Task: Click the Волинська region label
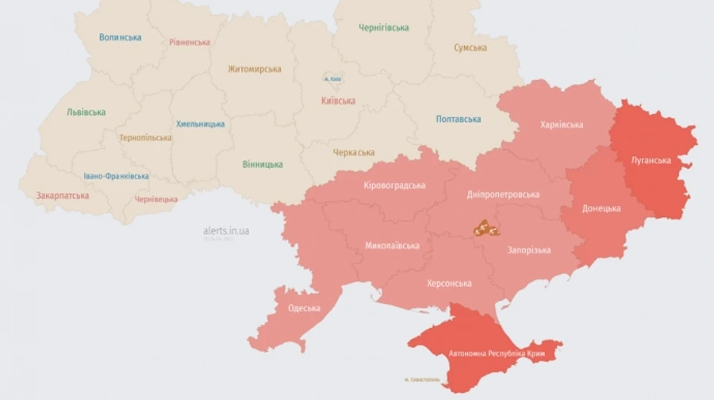click(121, 37)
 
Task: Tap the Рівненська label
click(190, 42)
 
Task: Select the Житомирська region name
click(255, 69)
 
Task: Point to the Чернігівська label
click(383, 28)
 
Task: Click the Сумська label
click(470, 48)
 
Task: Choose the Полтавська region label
click(459, 120)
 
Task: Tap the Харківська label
click(562, 124)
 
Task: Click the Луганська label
click(651, 160)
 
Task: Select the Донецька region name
click(601, 208)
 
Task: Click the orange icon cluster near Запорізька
click(485, 230)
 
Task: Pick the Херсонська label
click(449, 283)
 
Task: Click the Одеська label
click(305, 308)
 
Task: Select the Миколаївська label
click(393, 246)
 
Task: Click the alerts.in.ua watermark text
click(226, 230)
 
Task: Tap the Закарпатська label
click(63, 195)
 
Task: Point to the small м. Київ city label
click(332, 78)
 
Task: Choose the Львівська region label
click(86, 112)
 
